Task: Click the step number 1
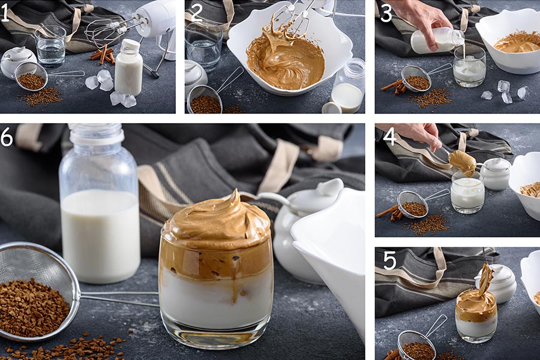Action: [x=5, y=14]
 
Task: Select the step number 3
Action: [x=386, y=14]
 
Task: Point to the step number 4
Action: [x=390, y=137]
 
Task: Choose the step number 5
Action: [x=390, y=261]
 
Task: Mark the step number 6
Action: [x=7, y=137]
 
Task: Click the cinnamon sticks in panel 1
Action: [x=103, y=55]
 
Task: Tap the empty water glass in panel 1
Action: [x=50, y=46]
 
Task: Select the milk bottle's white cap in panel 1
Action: [x=130, y=45]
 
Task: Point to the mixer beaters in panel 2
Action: [x=290, y=20]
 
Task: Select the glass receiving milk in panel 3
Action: [x=469, y=66]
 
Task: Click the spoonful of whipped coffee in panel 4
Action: [x=463, y=163]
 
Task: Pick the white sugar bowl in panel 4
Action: [x=495, y=173]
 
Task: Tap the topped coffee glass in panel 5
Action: [x=476, y=315]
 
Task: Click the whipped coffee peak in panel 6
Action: [x=236, y=196]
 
